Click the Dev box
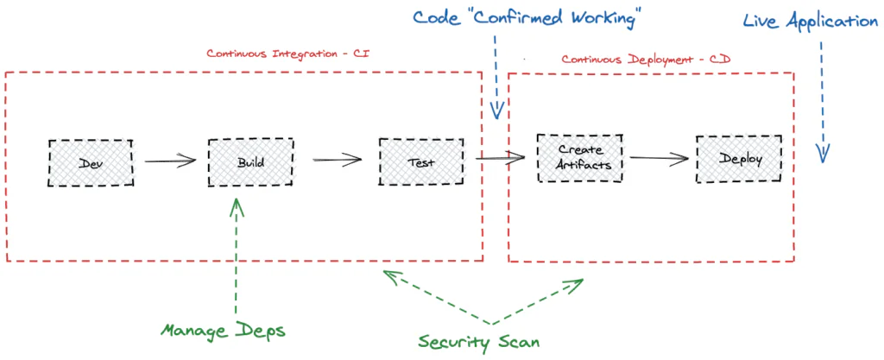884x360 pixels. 91,162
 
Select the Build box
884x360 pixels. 249,161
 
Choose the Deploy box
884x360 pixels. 740,160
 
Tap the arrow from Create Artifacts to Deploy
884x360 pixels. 659,159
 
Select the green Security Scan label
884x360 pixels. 479,342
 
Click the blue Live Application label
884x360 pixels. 811,21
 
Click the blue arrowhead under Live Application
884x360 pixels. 823,153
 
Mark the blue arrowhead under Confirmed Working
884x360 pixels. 496,111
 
